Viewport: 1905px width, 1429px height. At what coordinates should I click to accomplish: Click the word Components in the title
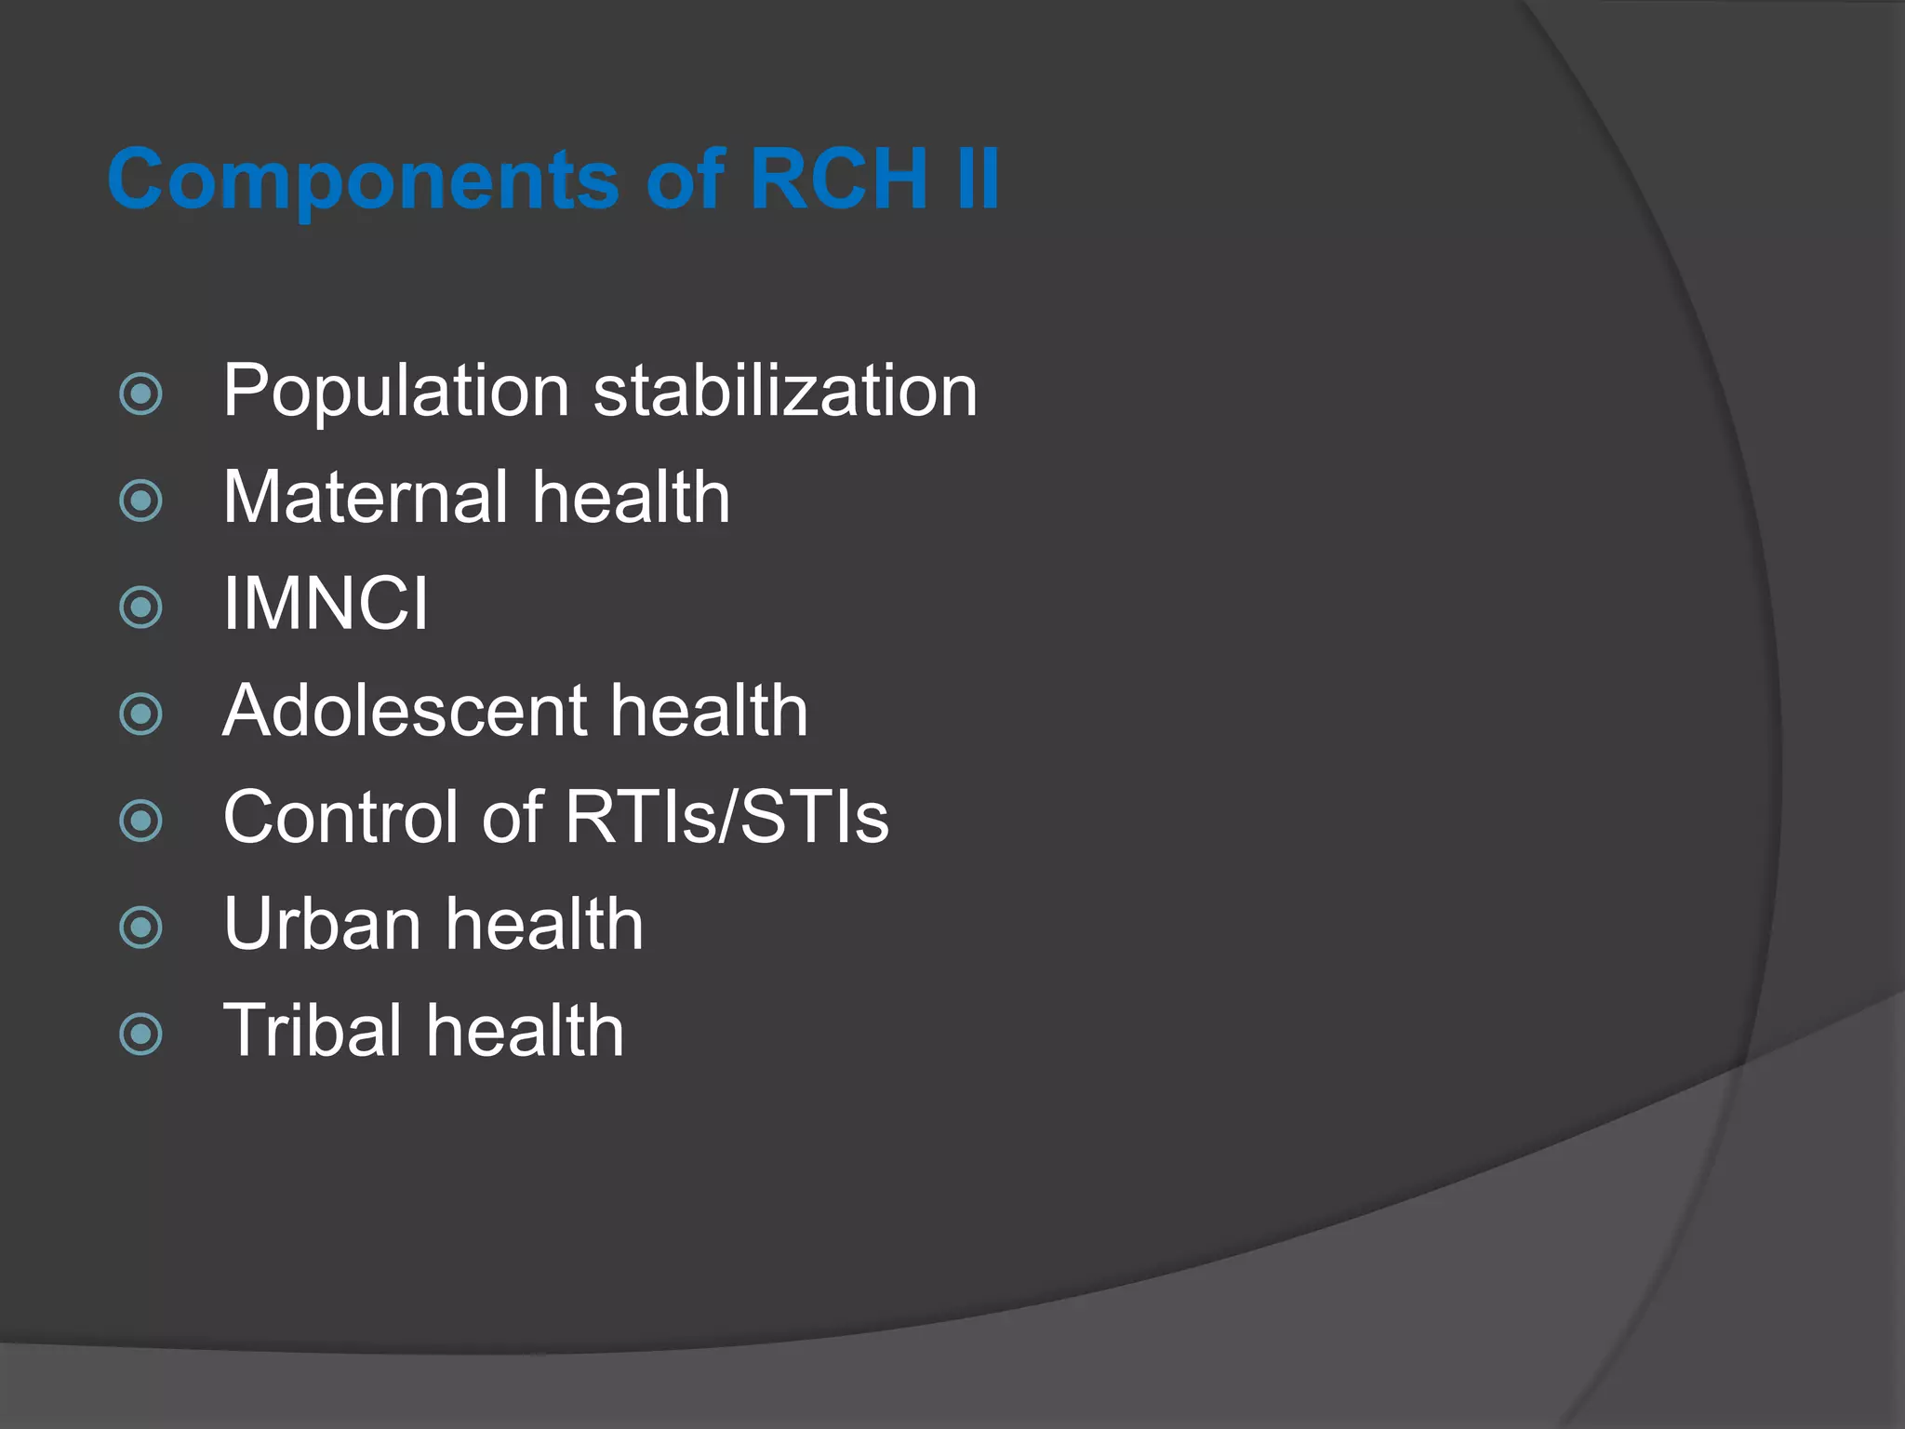tap(363, 180)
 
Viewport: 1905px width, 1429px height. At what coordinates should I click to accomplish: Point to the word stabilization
tap(785, 391)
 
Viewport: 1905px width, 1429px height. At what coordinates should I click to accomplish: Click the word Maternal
tap(364, 498)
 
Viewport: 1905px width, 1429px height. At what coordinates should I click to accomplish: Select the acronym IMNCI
tap(326, 605)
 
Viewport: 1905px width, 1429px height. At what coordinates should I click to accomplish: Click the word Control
tap(340, 818)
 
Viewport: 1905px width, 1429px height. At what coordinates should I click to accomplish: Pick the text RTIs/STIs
tap(726, 818)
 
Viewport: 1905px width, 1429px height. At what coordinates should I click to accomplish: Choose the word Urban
tap(322, 925)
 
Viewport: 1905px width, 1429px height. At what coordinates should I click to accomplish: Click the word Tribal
tap(312, 1031)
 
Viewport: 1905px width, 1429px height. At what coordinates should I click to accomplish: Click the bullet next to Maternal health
tap(141, 501)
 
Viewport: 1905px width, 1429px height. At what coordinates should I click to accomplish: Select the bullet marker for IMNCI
tap(141, 608)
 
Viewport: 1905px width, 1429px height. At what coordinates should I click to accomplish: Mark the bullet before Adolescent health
tap(141, 714)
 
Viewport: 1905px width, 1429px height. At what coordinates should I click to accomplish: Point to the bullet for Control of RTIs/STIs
tap(141, 821)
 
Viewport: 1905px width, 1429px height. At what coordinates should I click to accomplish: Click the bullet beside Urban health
tap(141, 928)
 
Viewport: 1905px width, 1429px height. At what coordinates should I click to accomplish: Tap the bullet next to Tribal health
tap(141, 1034)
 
